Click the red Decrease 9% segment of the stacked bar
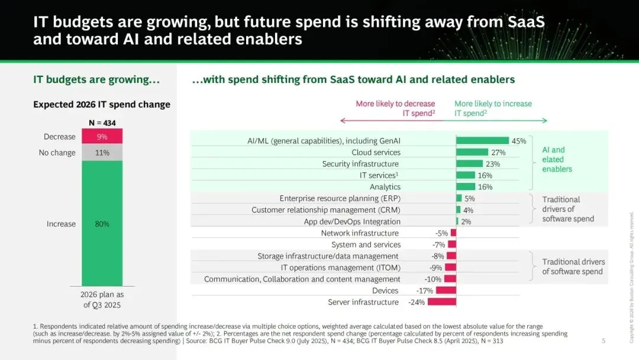click(x=102, y=136)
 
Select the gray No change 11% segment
click(x=102, y=152)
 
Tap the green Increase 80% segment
click(x=102, y=223)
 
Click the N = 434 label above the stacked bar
click(x=102, y=123)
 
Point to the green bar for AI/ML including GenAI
click(x=483, y=141)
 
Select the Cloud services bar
click(x=472, y=152)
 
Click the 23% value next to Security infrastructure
click(x=493, y=164)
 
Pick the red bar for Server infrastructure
click(x=442, y=302)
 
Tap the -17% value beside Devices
click(x=425, y=291)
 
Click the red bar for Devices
click(x=446, y=290)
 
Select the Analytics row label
click(x=385, y=187)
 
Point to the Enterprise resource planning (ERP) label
click(x=340, y=198)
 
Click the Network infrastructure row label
click(x=360, y=233)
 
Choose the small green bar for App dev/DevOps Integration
click(x=457, y=221)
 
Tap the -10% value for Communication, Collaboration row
click(x=433, y=279)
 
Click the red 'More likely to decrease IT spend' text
click(x=395, y=108)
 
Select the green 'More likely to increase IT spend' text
click(x=493, y=108)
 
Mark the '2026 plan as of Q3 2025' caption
click(x=102, y=300)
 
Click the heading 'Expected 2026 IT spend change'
click(x=102, y=104)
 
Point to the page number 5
click(x=603, y=340)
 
